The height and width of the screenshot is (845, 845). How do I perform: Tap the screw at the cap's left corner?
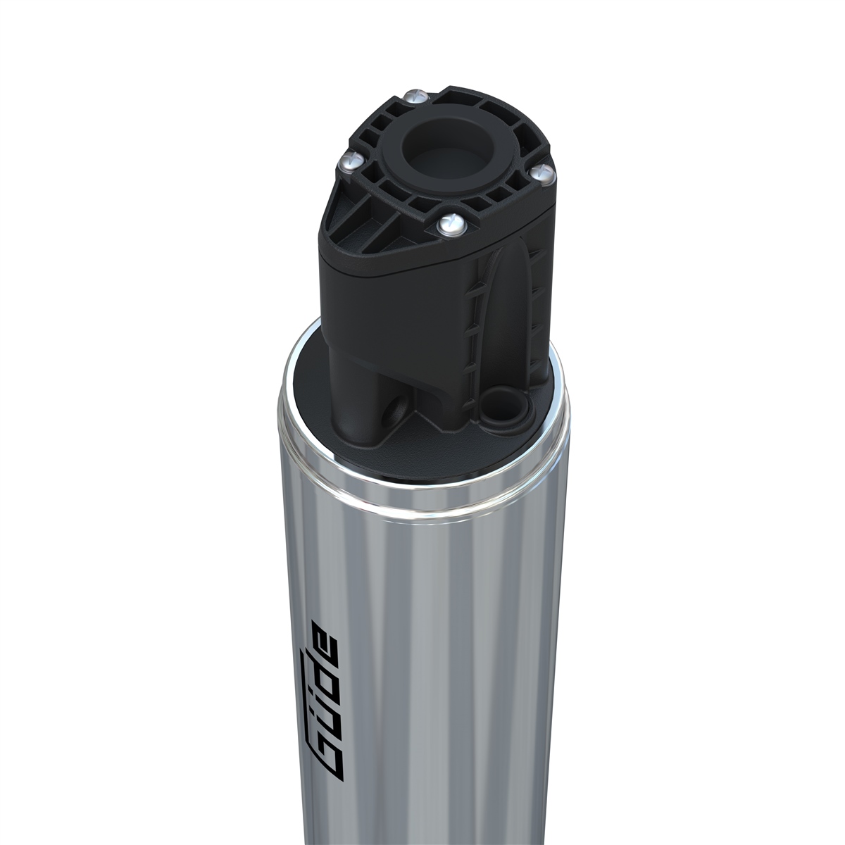(x=350, y=161)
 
